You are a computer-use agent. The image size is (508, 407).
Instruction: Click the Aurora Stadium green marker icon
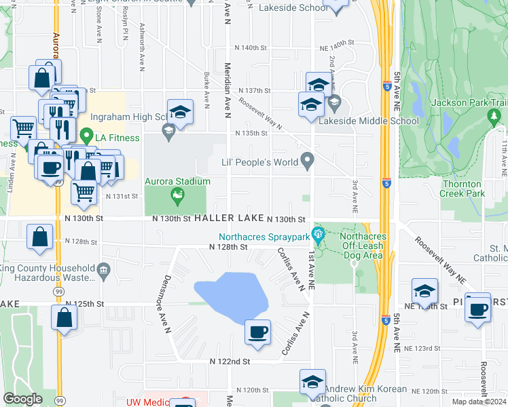(x=177, y=197)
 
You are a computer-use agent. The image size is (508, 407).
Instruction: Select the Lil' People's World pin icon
(x=308, y=161)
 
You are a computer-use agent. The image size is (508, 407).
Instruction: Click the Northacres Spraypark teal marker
(x=316, y=237)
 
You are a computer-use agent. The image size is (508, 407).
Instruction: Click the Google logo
(x=23, y=399)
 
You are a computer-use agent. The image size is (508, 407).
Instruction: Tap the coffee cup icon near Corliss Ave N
(x=257, y=332)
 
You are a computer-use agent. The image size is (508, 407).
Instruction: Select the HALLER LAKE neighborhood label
(x=228, y=219)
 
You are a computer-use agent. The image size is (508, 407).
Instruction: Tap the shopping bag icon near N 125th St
(x=64, y=319)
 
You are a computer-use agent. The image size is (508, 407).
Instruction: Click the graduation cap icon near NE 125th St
(x=424, y=291)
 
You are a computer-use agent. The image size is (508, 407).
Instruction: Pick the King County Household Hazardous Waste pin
(x=103, y=270)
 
